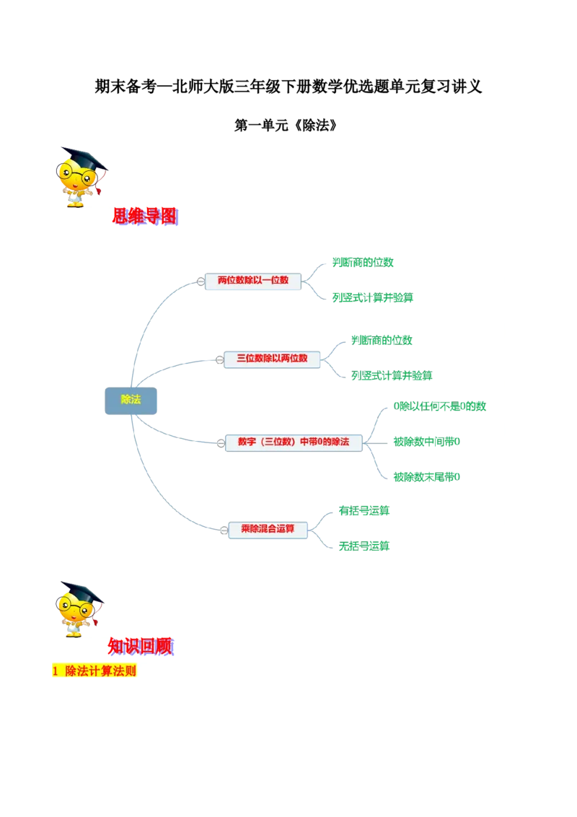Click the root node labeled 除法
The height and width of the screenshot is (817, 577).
(131, 401)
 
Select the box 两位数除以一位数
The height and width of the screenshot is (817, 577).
(252, 280)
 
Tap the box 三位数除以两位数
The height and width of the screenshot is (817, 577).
(272, 358)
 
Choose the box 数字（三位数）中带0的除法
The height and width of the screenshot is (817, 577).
(293, 442)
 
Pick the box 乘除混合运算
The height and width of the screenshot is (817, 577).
(268, 529)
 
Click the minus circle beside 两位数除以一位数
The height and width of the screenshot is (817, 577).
(201, 281)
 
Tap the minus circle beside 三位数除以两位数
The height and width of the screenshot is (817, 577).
(220, 359)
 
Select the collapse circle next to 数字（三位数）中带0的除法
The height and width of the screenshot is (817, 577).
(221, 444)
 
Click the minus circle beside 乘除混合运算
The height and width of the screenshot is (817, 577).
(224, 530)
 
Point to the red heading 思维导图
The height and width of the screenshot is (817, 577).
(144, 216)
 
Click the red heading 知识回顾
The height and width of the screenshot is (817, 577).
(141, 645)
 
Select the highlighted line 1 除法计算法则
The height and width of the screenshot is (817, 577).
(94, 671)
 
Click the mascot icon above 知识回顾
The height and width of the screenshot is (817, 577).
(78, 608)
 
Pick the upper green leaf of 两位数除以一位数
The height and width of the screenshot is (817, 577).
(363, 263)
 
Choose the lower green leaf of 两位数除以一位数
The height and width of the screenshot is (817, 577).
(372, 297)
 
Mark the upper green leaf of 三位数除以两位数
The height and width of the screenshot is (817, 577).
(382, 339)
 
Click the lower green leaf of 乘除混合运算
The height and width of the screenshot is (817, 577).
(364, 546)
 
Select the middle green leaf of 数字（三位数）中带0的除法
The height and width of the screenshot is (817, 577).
(426, 442)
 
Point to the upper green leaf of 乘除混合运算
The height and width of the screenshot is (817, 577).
(364, 511)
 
